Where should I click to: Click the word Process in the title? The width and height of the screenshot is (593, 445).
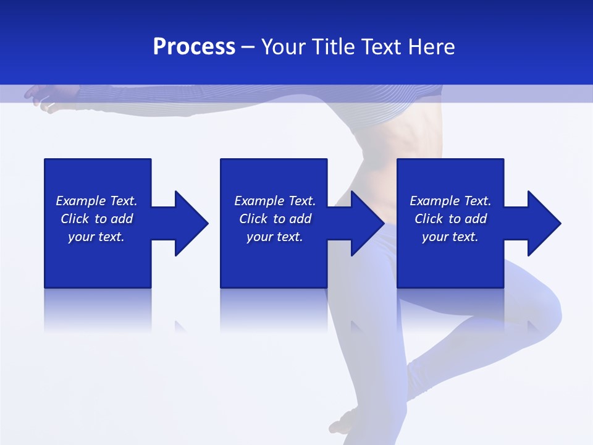[194, 47]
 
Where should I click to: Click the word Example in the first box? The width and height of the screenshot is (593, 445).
[81, 201]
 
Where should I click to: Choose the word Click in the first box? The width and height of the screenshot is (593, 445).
[75, 219]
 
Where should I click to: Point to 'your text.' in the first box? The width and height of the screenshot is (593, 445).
[96, 237]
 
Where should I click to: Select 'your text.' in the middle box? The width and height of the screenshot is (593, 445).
[275, 237]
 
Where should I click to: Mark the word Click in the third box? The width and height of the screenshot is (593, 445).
[429, 219]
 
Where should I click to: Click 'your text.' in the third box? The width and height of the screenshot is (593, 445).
[450, 237]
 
